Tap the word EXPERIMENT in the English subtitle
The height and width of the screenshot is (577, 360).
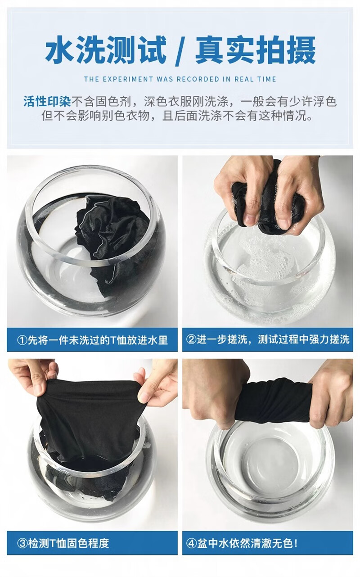coord(127,79)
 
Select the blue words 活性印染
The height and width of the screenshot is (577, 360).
coord(47,101)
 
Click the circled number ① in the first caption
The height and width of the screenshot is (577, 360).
coord(22,340)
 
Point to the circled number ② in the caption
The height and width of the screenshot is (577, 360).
coord(191,339)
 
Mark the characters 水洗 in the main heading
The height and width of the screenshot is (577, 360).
coord(75,50)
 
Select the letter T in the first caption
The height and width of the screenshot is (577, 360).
coord(113,340)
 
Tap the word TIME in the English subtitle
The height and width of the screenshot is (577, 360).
coord(266,79)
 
